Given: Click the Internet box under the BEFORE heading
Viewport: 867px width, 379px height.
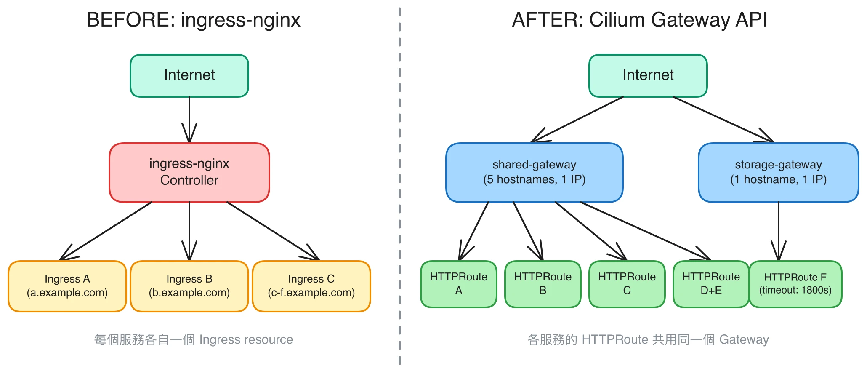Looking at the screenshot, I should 189,75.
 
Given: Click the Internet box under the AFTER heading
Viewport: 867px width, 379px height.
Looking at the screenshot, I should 648,75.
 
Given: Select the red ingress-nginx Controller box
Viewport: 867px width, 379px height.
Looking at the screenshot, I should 189,172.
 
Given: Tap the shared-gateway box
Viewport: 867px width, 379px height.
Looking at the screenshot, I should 534,172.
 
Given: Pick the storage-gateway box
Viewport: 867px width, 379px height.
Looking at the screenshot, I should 778,172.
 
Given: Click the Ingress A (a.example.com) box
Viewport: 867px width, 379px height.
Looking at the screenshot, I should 67,286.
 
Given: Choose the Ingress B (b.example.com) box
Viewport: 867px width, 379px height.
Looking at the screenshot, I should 189,286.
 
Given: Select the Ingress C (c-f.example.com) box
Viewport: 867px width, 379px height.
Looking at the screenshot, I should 311,286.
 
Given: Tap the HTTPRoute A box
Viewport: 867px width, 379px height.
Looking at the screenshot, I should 458,284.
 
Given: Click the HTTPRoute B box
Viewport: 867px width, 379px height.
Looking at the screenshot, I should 543,284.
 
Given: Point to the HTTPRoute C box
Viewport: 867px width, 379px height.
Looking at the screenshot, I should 627,284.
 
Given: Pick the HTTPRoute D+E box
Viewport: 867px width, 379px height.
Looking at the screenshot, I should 711,284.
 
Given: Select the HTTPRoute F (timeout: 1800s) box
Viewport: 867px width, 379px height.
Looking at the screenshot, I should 795,284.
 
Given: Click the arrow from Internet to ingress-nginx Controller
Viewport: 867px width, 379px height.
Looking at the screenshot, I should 189,118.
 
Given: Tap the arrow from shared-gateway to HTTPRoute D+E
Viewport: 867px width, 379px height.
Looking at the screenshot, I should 644,230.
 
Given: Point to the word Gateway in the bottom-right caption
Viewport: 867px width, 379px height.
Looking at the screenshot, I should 744,339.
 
